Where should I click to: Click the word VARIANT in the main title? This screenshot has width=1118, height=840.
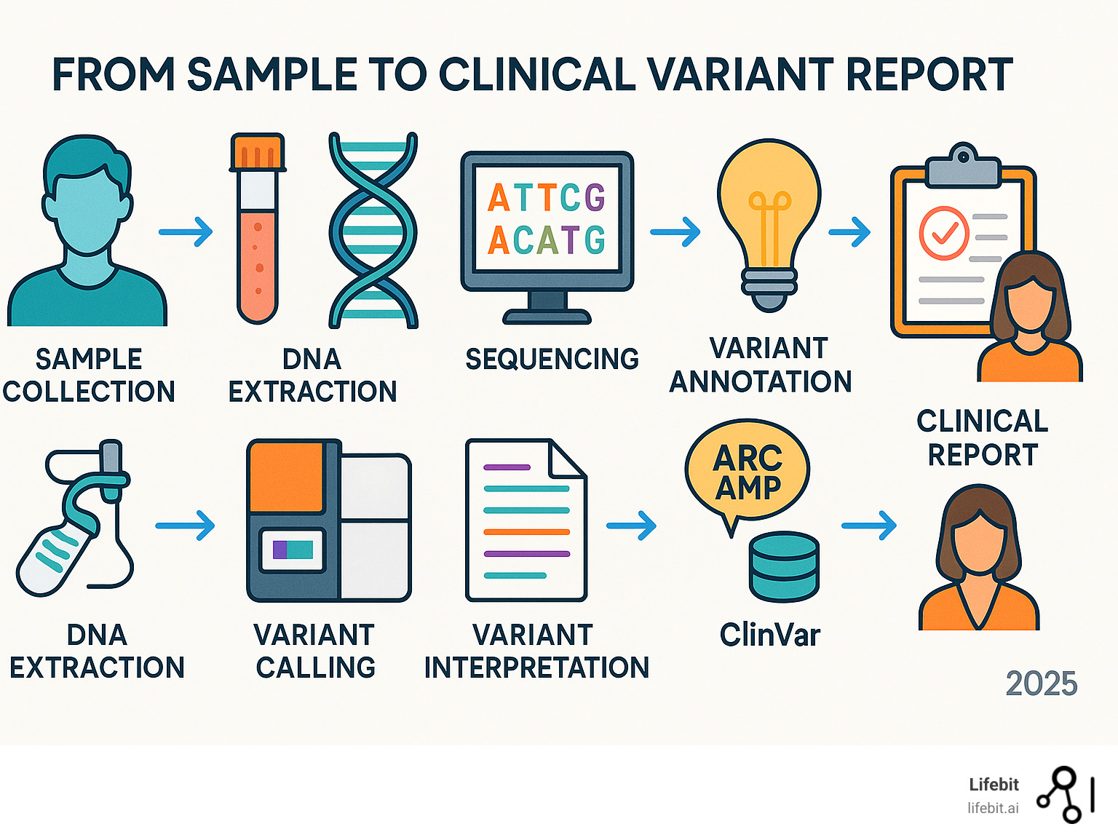740,74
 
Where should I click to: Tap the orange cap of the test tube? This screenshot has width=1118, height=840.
258,151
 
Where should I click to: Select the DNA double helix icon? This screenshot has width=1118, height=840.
373,230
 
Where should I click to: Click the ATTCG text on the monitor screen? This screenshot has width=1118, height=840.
547,197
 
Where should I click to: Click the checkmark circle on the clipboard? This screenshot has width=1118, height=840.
944,233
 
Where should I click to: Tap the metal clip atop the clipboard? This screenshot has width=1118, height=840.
963,166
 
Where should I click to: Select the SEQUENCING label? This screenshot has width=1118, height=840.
552,359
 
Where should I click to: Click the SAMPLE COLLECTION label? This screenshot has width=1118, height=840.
89,375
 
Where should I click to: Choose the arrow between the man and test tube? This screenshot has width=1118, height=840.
186,232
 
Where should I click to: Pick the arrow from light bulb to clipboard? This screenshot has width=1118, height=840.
849,232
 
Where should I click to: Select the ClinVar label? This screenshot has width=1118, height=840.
769,635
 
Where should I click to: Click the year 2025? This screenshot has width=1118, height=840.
1041,684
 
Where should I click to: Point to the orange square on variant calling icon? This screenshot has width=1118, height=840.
286,477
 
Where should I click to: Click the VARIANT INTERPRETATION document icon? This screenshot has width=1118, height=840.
526,520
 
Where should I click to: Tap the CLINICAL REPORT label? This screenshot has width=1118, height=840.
982,437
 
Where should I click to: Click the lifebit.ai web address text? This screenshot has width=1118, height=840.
993,808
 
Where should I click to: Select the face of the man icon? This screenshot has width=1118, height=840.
87,211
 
